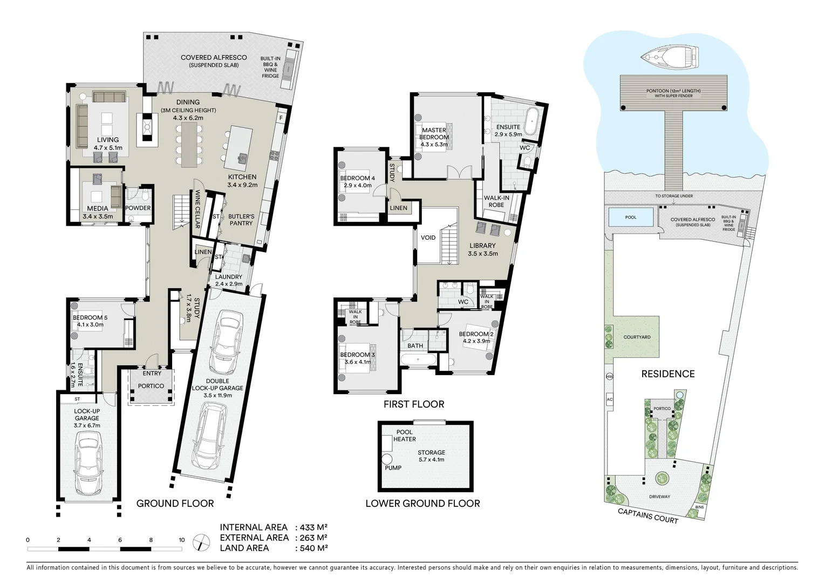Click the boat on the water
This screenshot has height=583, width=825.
pos(670,55)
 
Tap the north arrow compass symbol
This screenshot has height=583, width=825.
pos(201,541)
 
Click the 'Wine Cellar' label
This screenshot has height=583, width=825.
pos(198,209)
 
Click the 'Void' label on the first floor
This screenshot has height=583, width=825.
pos(428,238)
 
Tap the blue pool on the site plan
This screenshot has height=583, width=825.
pos(630,218)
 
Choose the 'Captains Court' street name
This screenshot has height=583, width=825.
pos(647,516)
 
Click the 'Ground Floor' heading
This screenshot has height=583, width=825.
pos(175,504)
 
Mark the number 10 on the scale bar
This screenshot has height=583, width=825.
pos(182,540)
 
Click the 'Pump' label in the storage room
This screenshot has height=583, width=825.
pos(393,467)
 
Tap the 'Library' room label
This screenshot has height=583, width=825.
pos(482,246)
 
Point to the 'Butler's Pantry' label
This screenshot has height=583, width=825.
pos(241,220)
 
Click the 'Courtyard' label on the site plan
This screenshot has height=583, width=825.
pos(637,337)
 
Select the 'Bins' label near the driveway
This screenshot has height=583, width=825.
pos(699,507)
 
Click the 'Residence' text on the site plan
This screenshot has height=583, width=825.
pos(667,374)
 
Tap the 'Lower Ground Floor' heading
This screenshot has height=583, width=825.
pos(422,504)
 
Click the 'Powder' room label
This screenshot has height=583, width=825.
pos(138,208)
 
